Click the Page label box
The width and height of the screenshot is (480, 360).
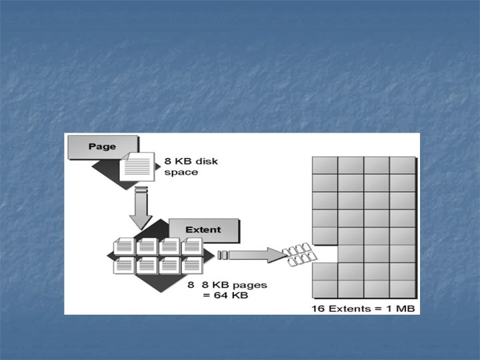tap(101, 147)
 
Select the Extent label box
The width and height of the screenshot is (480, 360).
tap(203, 230)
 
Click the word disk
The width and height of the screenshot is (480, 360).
tap(205, 161)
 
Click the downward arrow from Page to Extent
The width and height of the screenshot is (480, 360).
tap(141, 209)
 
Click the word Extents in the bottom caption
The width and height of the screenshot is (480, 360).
tap(348, 308)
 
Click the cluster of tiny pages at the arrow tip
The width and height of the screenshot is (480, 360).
tap(297, 254)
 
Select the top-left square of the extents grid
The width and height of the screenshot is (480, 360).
tap(325, 165)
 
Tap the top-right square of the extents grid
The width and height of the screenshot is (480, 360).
tap(402, 165)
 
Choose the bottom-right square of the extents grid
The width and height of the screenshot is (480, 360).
tap(402, 289)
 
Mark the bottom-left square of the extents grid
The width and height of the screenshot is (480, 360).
tap(325, 289)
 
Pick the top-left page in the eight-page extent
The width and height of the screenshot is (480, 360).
tap(124, 245)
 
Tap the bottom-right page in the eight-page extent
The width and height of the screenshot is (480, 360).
tap(192, 265)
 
